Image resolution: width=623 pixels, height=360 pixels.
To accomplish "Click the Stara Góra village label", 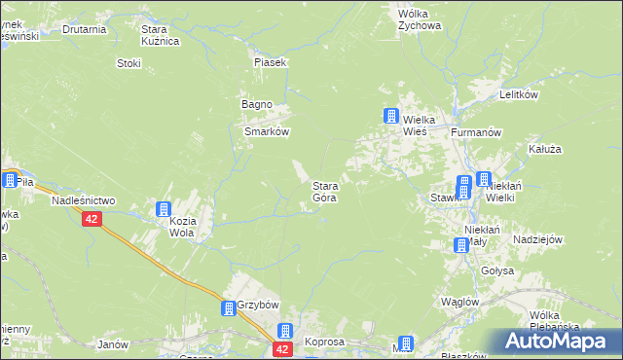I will pyautogui.click(x=324, y=191).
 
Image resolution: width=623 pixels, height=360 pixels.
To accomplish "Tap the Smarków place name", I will pyautogui.click(x=267, y=130).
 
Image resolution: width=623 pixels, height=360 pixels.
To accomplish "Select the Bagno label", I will pyautogui.click(x=257, y=104).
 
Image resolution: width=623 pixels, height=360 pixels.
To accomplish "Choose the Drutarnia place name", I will pyautogui.click(x=84, y=29).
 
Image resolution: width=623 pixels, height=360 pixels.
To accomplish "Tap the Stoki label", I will pyautogui.click(x=128, y=63).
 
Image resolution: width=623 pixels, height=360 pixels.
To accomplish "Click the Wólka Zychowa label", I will pyautogui.click(x=420, y=20).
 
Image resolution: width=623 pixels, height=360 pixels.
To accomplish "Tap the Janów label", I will pyautogui.click(x=114, y=344).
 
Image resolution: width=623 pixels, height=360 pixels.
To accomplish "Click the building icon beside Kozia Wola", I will pyautogui.click(x=164, y=208).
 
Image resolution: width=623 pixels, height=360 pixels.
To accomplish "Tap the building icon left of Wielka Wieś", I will pyautogui.click(x=390, y=117).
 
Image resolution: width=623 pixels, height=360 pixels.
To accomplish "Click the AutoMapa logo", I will pyautogui.click(x=555, y=342).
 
